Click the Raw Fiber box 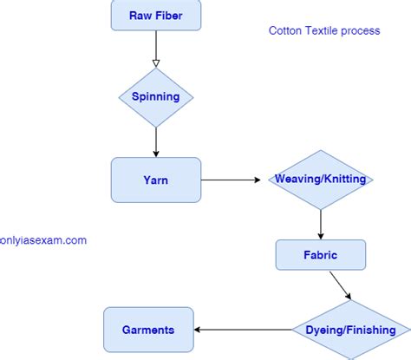156,16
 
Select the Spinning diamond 156,97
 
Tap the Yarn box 156,180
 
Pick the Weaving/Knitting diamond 321,180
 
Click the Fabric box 321,256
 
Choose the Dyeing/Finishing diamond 350,330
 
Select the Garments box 147,330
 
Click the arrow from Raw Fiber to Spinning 156,48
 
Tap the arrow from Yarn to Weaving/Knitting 231,180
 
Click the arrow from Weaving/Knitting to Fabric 321,224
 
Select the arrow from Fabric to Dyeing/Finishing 339,285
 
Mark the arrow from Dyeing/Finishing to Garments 243,330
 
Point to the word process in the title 362,30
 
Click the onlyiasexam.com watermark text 43,240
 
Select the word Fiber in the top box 170,16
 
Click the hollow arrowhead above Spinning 156,62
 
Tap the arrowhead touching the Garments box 197,330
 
